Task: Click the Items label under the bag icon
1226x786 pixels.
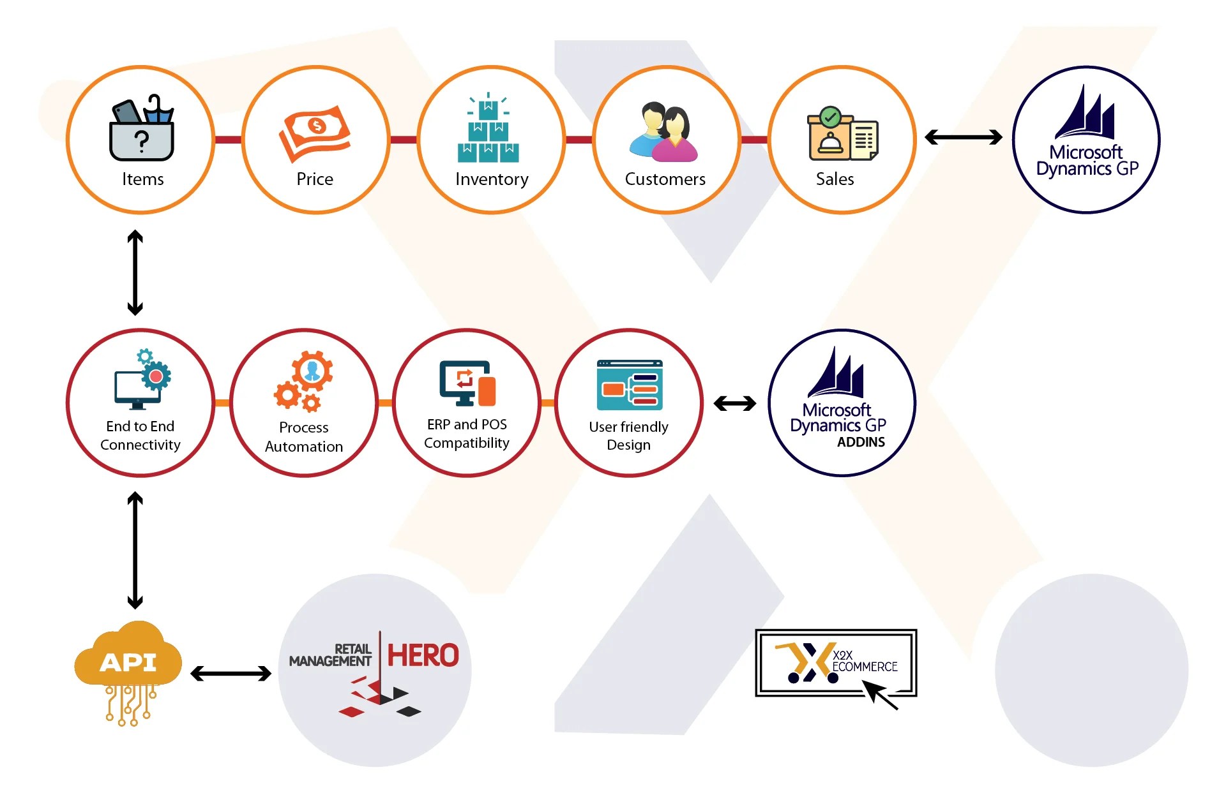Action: pos(142,179)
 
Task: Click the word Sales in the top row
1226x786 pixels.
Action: pos(835,179)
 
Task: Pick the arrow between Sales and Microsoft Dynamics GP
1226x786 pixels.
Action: pos(964,137)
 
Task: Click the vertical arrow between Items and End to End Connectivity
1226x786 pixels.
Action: pos(135,272)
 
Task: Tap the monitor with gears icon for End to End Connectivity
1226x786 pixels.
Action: pos(142,380)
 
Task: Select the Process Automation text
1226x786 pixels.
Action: pos(304,437)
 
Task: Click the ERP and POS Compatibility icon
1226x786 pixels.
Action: pos(467,383)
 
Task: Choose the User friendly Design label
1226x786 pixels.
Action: pos(629,436)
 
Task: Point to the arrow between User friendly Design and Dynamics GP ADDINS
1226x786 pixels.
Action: pos(735,403)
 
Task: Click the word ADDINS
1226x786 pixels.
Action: pos(861,442)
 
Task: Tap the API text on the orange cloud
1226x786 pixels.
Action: pos(128,662)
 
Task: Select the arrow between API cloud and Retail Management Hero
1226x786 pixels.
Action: pos(231,673)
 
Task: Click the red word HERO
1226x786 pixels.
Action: pos(423,655)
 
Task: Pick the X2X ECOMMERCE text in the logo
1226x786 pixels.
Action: pos(865,662)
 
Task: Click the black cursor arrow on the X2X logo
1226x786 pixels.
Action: pos(880,694)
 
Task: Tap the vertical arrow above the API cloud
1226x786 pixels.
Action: pos(135,550)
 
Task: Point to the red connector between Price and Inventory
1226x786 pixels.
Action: pos(403,140)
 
